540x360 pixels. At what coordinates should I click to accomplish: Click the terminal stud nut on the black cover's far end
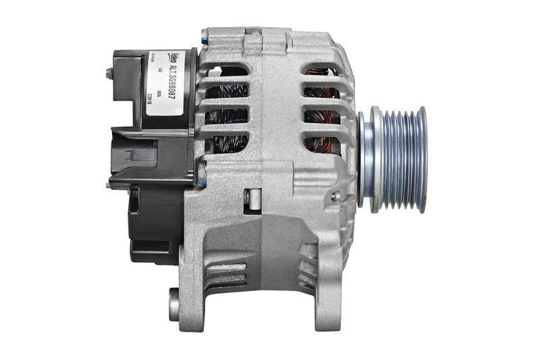click(x=108, y=73)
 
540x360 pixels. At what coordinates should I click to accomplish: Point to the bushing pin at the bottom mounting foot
click(x=174, y=304)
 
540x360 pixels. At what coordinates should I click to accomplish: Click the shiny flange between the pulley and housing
click(x=363, y=159)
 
